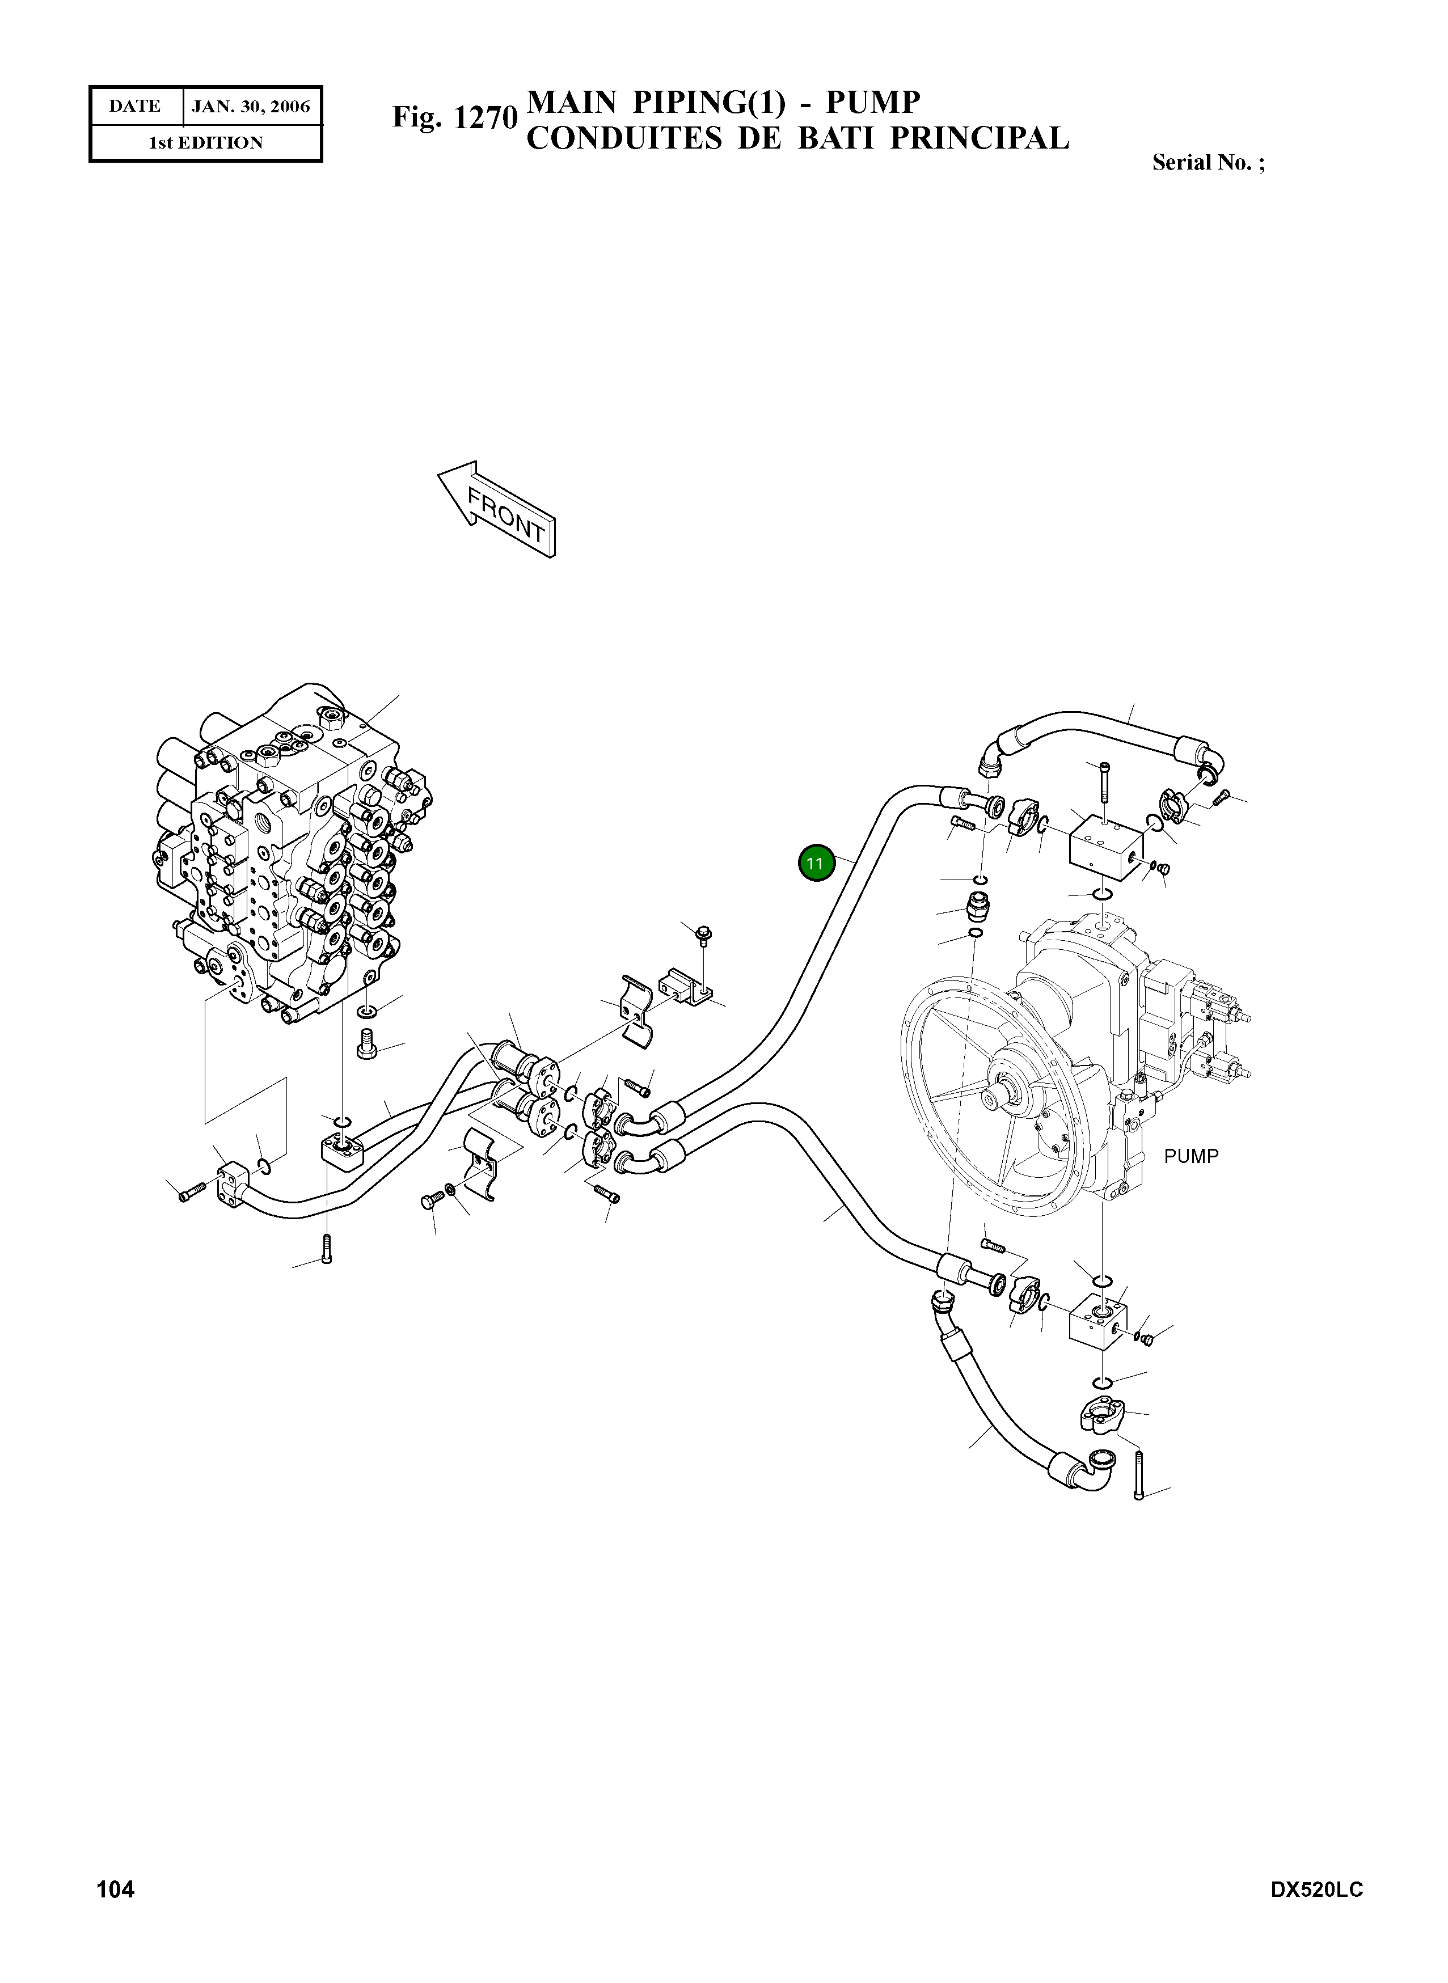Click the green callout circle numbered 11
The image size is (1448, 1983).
point(815,863)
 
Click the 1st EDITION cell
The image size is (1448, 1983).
point(205,143)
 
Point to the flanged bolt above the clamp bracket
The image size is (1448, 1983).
point(703,936)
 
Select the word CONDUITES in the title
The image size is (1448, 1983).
point(623,138)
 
